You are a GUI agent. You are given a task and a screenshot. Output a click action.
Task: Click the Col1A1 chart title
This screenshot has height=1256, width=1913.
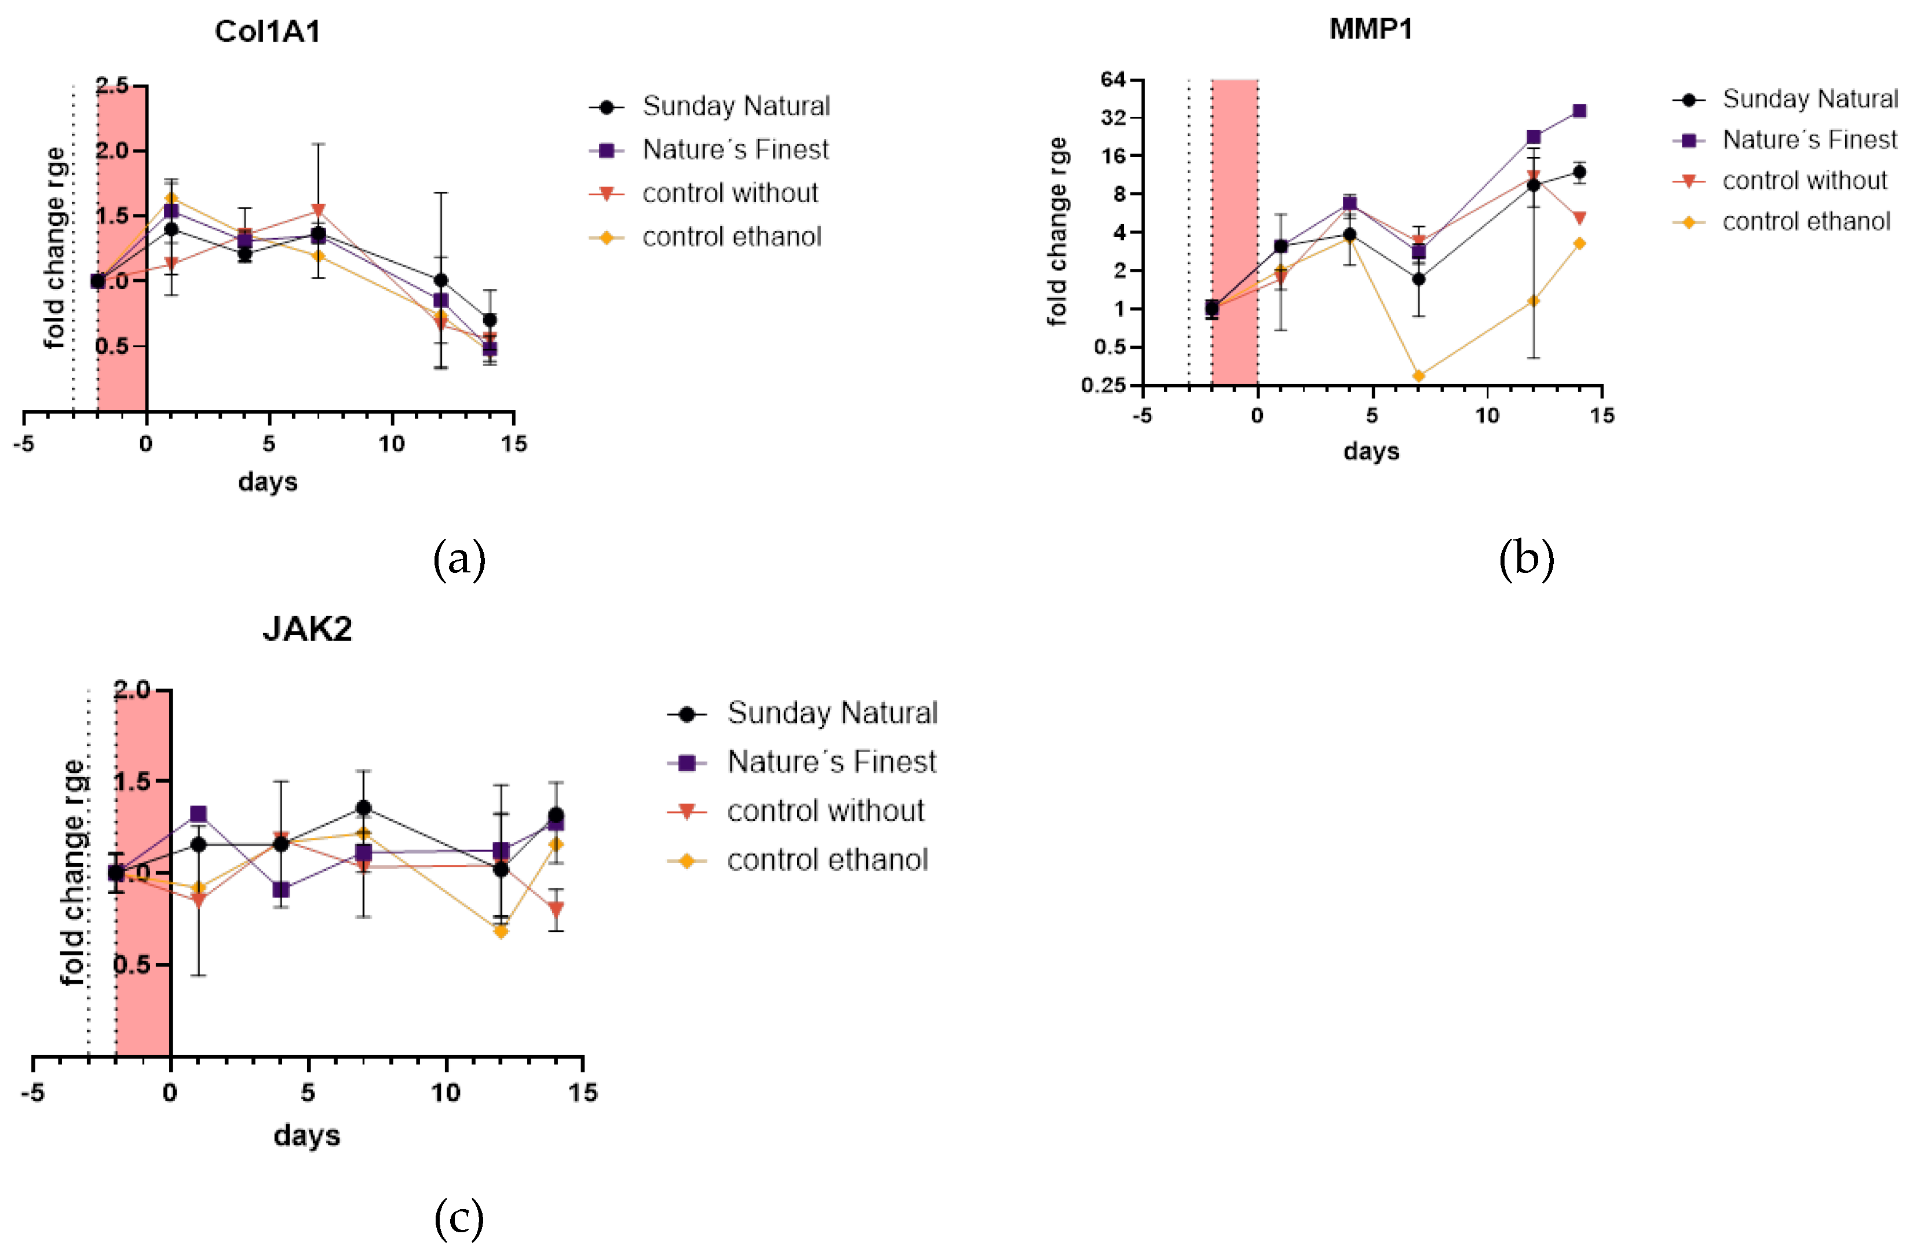[x=268, y=31]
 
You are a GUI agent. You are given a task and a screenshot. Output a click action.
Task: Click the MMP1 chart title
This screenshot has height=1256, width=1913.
[x=1371, y=29]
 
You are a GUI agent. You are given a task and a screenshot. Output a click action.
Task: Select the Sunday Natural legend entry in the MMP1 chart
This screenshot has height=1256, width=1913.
[x=1809, y=99]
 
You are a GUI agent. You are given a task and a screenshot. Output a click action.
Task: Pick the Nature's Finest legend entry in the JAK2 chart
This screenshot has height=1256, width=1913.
[x=831, y=762]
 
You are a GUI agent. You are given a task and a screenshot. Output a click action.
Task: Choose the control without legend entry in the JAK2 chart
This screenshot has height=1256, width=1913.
[x=826, y=811]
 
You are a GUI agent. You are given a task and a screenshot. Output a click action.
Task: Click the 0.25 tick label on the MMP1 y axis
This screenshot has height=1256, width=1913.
[x=1104, y=386]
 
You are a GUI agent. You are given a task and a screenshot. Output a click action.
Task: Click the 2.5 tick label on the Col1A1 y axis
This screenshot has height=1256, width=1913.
[x=112, y=86]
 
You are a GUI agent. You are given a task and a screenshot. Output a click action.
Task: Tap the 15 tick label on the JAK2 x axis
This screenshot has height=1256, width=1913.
[x=583, y=1093]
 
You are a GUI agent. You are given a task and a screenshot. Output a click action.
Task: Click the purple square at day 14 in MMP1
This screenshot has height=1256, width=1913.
[x=1579, y=111]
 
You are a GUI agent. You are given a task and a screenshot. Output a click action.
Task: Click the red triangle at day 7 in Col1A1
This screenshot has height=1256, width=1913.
[x=318, y=210]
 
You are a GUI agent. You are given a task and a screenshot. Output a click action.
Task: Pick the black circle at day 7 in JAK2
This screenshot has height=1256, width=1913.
[x=363, y=808]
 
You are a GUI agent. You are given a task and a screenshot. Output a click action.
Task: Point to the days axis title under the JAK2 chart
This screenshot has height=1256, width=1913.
[x=307, y=1135]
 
